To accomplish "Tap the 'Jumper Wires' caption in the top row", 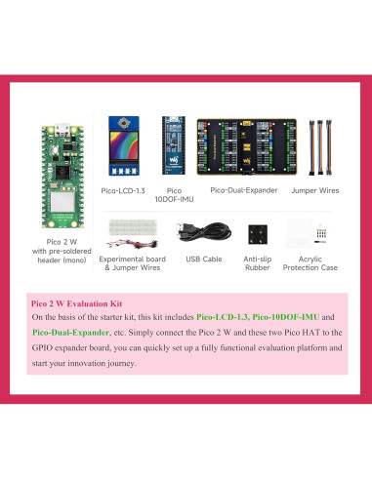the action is [315, 191].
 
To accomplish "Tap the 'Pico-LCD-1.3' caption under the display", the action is [125, 191].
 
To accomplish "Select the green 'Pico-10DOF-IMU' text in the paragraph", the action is [282, 318].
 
